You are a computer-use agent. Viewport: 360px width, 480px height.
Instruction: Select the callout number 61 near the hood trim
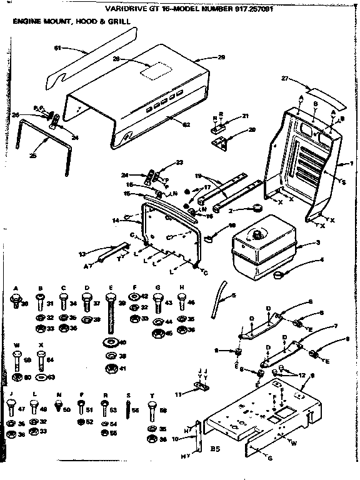(57, 48)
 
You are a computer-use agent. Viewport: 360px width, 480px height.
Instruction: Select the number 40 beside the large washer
(122, 342)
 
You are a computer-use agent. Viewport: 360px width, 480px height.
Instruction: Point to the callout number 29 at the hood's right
(221, 57)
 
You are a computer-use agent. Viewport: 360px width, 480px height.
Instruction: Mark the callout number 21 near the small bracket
(245, 116)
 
